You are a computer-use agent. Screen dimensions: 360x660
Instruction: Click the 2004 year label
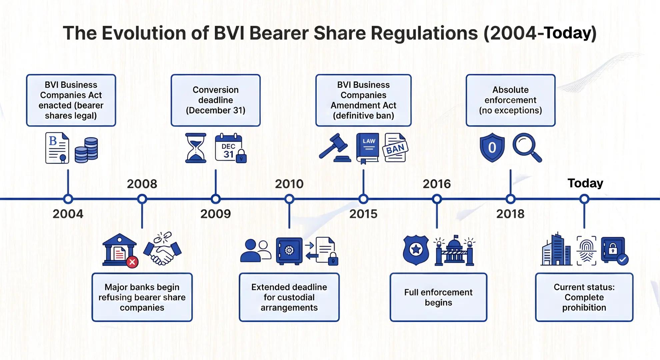pyautogui.click(x=68, y=214)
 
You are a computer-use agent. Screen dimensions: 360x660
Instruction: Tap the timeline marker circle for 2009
pyautogui.click(x=216, y=199)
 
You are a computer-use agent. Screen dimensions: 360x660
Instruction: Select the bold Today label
pyautogui.click(x=585, y=183)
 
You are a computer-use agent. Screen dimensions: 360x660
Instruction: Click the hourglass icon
pyautogui.click(x=196, y=148)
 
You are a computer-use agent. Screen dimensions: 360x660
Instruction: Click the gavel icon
pyautogui.click(x=334, y=148)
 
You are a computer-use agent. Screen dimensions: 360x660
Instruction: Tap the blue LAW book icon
pyautogui.click(x=368, y=148)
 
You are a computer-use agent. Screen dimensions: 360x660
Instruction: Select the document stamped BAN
pyautogui.click(x=395, y=148)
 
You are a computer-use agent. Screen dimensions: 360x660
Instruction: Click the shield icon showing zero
pyautogui.click(x=492, y=148)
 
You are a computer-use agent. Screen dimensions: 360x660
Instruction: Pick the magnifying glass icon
pyautogui.click(x=527, y=147)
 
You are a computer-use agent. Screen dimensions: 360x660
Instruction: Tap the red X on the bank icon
pyautogui.click(x=132, y=262)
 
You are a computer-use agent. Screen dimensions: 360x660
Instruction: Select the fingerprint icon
pyautogui.click(x=586, y=251)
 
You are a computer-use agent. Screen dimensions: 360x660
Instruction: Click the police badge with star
pyautogui.click(x=416, y=250)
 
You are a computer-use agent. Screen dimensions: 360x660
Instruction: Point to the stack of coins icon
pyautogui.click(x=86, y=150)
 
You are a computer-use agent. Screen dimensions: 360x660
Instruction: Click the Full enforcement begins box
pyautogui.click(x=438, y=297)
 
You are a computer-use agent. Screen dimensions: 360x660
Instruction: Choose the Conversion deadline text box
pyautogui.click(x=215, y=100)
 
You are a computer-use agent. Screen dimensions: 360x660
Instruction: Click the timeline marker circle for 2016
pyautogui.click(x=437, y=199)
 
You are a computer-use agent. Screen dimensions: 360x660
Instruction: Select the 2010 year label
pyautogui.click(x=289, y=184)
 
